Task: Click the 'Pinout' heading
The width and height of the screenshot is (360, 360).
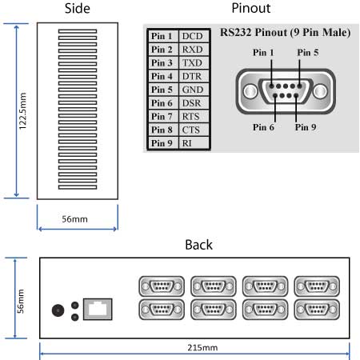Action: (x=250, y=9)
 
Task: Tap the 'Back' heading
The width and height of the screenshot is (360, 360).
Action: (x=199, y=244)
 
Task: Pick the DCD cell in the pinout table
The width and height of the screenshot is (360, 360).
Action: (x=192, y=37)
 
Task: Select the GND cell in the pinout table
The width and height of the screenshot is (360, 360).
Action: (x=192, y=90)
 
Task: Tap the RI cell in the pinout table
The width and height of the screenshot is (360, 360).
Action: (x=192, y=142)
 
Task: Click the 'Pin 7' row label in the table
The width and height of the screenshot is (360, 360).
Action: (x=162, y=116)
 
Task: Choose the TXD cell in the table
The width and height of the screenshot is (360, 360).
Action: (x=192, y=63)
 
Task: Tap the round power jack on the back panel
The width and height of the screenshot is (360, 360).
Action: (x=58, y=311)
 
